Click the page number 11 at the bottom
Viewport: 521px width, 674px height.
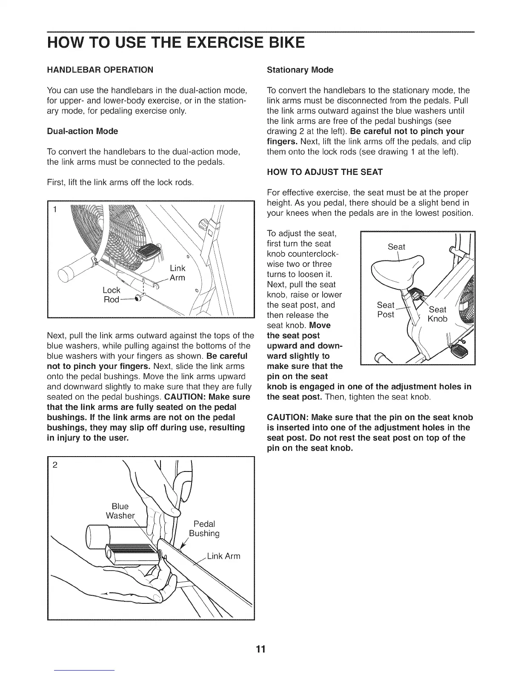click(x=260, y=649)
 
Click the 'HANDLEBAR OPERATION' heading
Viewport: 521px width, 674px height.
click(x=100, y=70)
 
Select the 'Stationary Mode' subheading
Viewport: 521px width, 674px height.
click(x=300, y=70)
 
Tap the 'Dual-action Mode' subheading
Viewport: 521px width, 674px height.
click(x=82, y=131)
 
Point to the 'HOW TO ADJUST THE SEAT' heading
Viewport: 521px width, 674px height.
click(x=324, y=172)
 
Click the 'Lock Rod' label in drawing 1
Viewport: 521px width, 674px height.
click(x=112, y=295)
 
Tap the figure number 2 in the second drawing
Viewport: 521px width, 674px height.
click(x=55, y=465)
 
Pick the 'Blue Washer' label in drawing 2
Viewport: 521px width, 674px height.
click(x=120, y=511)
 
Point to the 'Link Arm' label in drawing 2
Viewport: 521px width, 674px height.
click(x=223, y=556)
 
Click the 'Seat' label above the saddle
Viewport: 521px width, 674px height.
click(x=396, y=247)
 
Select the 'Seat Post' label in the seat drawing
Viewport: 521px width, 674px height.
click(x=386, y=310)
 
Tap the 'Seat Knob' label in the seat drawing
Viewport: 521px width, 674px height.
click(x=438, y=314)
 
